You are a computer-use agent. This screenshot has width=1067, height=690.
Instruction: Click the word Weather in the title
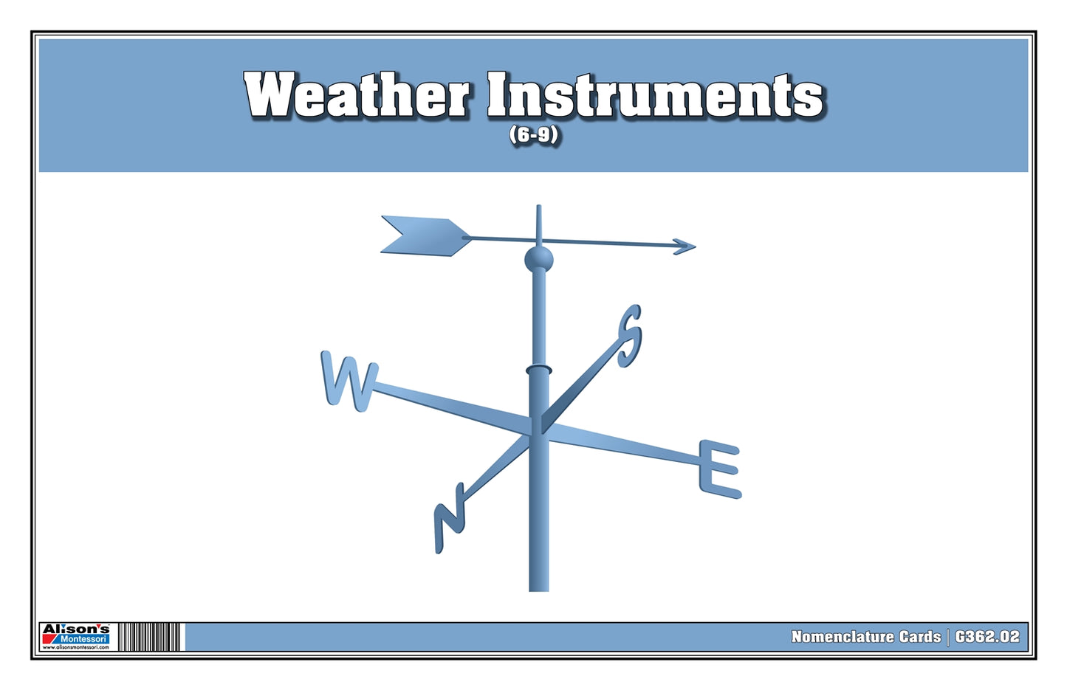[x=357, y=96]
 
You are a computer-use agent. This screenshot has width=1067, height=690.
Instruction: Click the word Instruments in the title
[x=655, y=96]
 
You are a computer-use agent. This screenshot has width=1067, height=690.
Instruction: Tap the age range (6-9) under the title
[x=533, y=136]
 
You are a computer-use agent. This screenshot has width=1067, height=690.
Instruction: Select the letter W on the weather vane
[x=349, y=381]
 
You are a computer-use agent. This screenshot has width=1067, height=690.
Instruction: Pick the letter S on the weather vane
[x=630, y=335]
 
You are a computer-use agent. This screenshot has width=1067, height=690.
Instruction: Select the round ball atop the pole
[x=538, y=259]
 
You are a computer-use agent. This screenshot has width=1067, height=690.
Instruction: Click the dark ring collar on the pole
[x=538, y=369]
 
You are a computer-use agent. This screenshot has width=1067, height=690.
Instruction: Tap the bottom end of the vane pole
[x=538, y=587]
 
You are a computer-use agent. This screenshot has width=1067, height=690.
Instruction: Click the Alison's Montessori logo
[x=75, y=636]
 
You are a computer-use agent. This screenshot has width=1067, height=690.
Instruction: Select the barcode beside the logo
[x=150, y=637]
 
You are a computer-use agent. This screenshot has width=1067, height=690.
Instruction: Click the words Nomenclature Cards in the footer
[x=865, y=637]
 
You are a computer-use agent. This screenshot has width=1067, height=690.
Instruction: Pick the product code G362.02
[x=987, y=637]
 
